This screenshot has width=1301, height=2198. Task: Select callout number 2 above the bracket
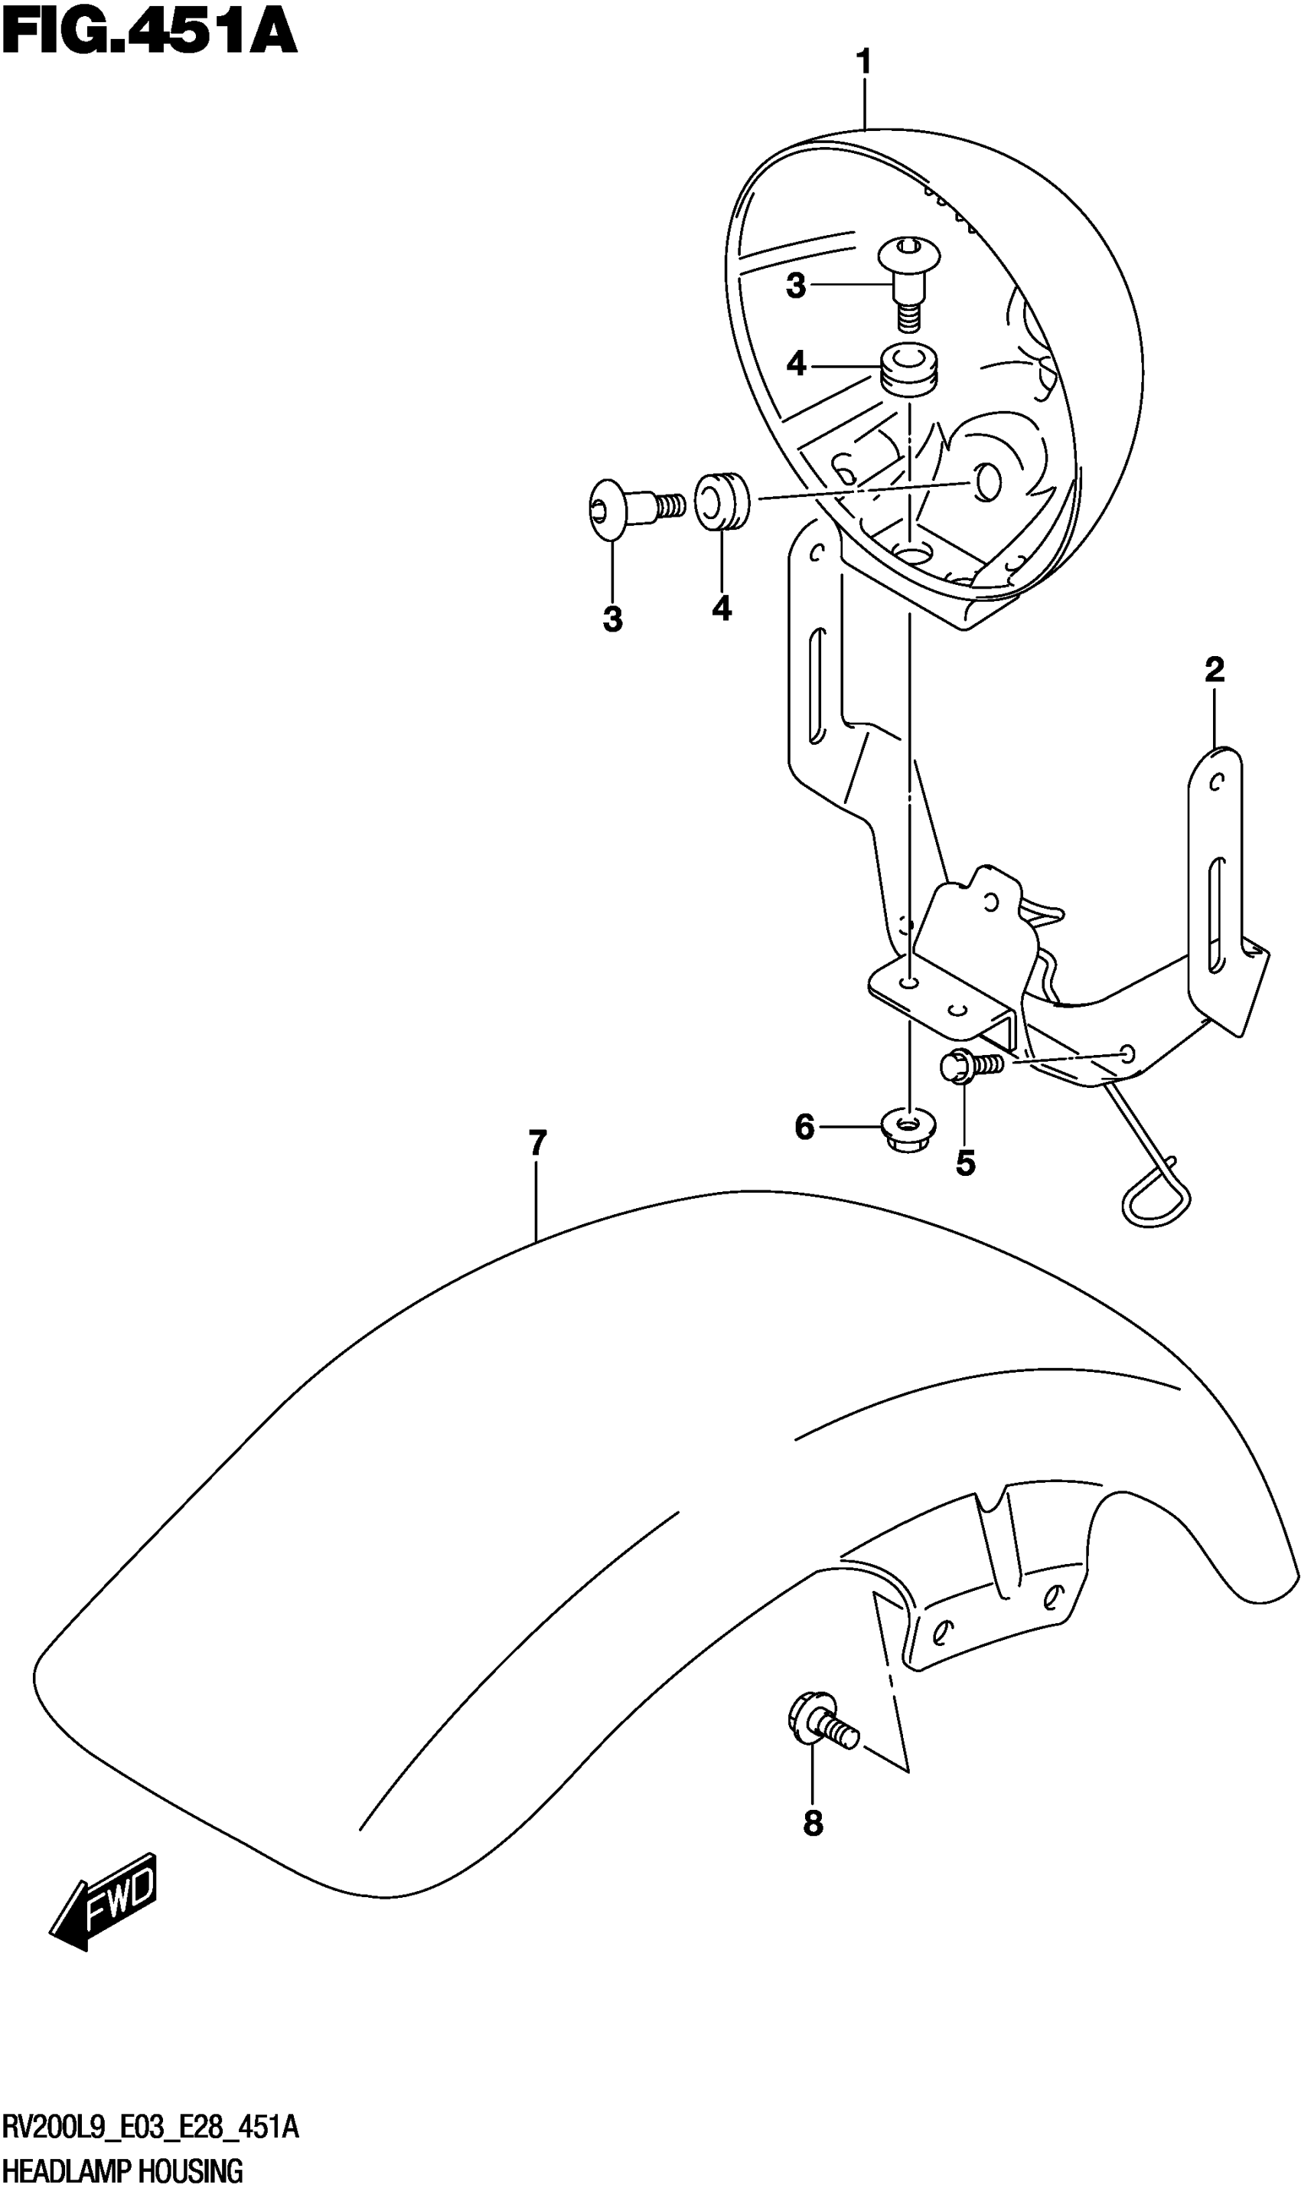1215,670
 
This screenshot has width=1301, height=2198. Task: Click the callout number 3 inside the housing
796,286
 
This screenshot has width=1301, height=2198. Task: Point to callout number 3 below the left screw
613,619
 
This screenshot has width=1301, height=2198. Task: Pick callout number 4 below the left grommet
722,608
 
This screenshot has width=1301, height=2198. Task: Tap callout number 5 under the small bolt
965,1164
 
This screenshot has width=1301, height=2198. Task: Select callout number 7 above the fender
537,1143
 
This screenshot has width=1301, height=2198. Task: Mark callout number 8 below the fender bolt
813,1824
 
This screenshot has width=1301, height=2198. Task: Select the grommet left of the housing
722,501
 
